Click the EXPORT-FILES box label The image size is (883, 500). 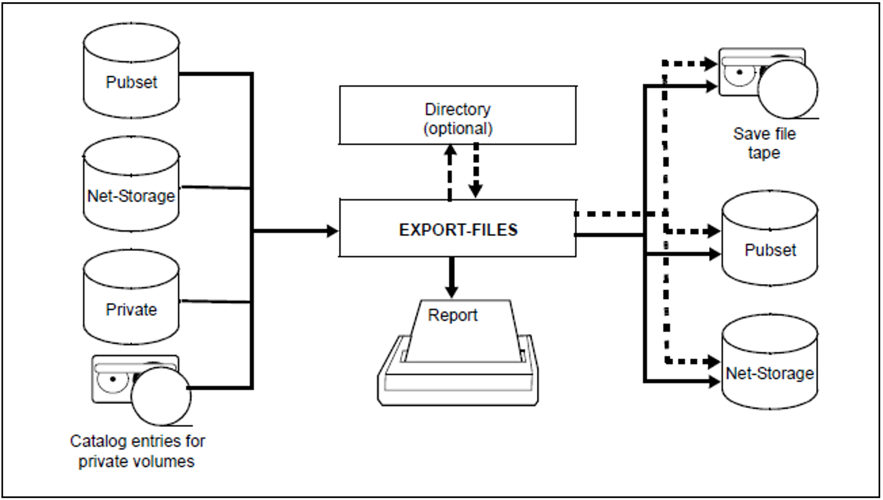coord(458,230)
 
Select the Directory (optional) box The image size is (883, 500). coord(457,116)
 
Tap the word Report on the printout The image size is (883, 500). coord(452,315)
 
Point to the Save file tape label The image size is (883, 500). coord(764,143)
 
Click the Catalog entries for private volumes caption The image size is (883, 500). coord(137,451)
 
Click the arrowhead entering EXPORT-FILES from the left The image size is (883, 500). coord(333,231)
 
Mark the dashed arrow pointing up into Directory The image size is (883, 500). coord(450,171)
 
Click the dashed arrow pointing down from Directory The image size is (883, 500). coord(476,171)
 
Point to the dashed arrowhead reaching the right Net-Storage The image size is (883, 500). coord(714,361)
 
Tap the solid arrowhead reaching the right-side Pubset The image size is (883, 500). coord(715,255)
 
